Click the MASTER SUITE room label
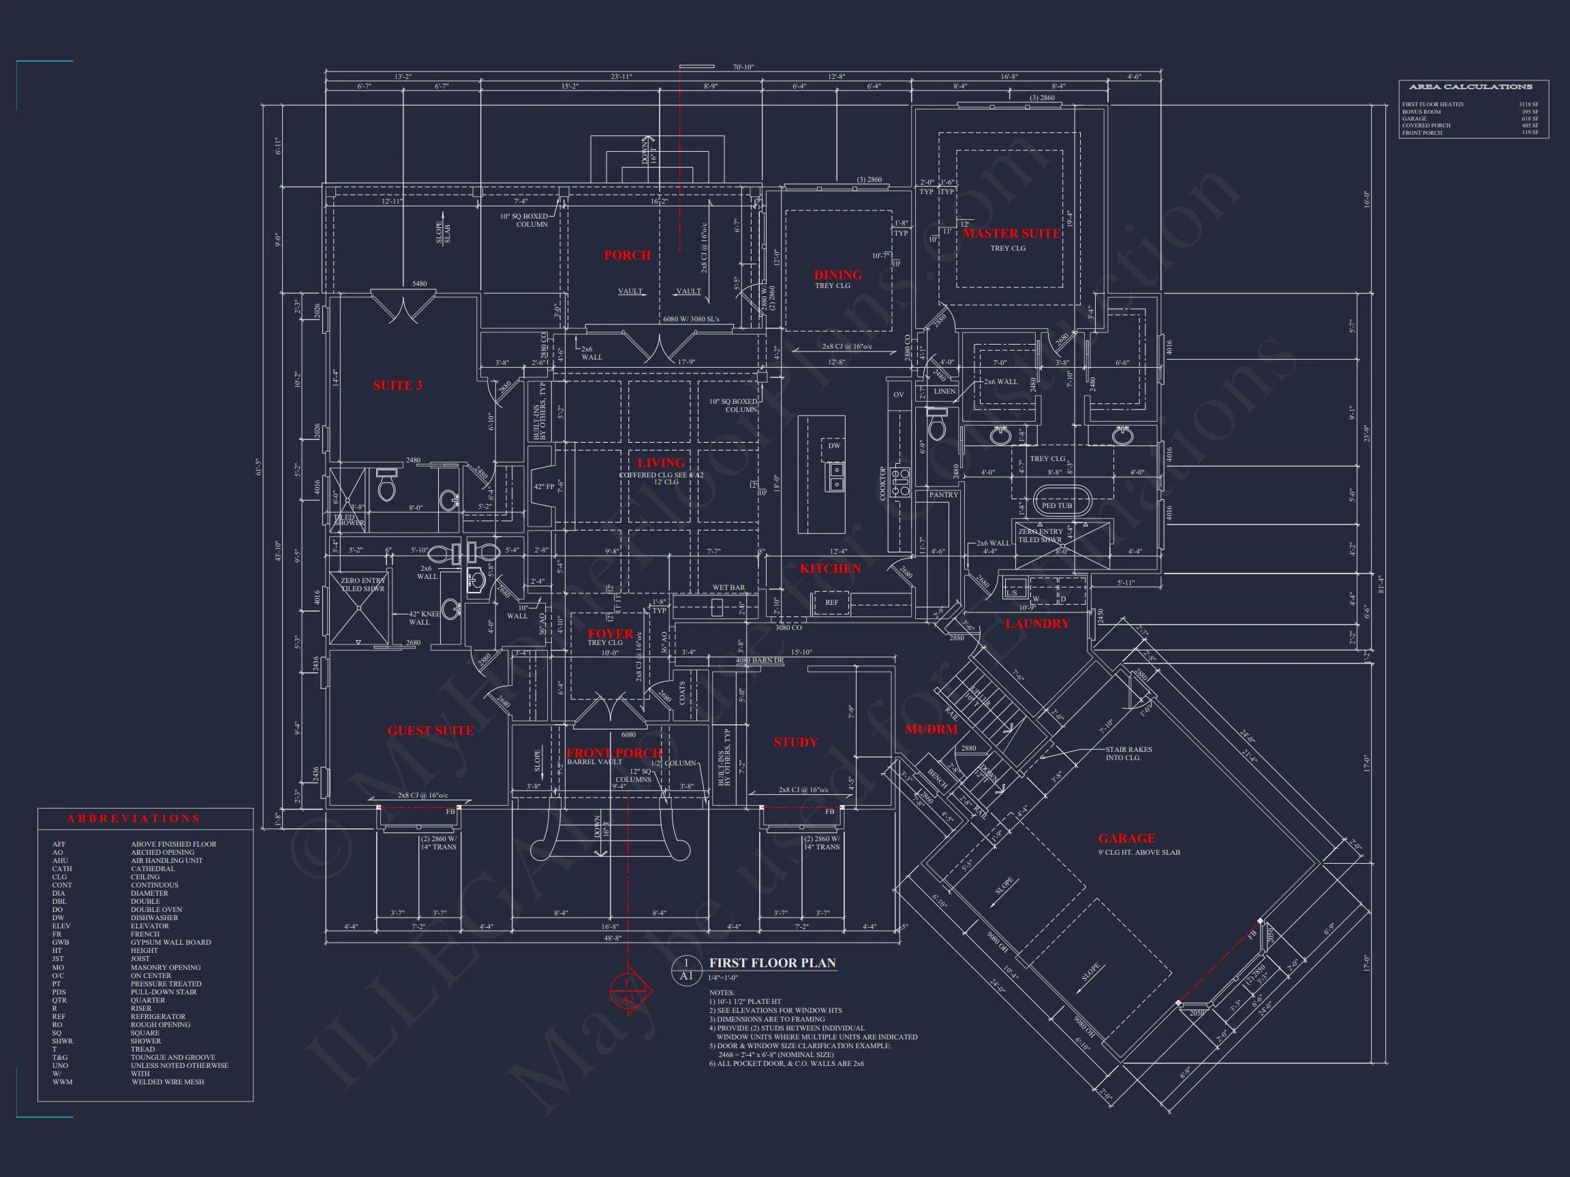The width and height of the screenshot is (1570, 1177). [1011, 234]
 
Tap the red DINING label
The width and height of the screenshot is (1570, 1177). [837, 275]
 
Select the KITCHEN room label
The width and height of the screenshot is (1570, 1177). [830, 568]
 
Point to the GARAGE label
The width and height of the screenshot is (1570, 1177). [1126, 838]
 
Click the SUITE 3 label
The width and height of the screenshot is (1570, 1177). [397, 386]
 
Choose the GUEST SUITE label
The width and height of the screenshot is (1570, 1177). [430, 731]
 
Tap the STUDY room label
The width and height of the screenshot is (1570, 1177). [795, 742]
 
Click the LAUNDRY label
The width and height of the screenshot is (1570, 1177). [1036, 624]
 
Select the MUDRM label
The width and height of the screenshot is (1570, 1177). [931, 729]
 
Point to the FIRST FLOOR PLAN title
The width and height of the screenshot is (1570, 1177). [772, 962]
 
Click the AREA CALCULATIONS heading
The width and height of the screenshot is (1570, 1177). [1470, 87]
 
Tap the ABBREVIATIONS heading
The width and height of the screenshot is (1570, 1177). [134, 819]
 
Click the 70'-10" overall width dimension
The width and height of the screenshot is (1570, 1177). [743, 67]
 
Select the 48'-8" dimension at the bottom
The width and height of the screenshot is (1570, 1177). [612, 938]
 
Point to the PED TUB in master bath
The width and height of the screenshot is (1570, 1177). [1056, 506]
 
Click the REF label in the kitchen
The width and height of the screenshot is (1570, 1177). [831, 602]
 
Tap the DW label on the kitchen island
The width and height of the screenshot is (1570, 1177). [834, 445]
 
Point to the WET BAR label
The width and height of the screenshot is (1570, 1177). [728, 587]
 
